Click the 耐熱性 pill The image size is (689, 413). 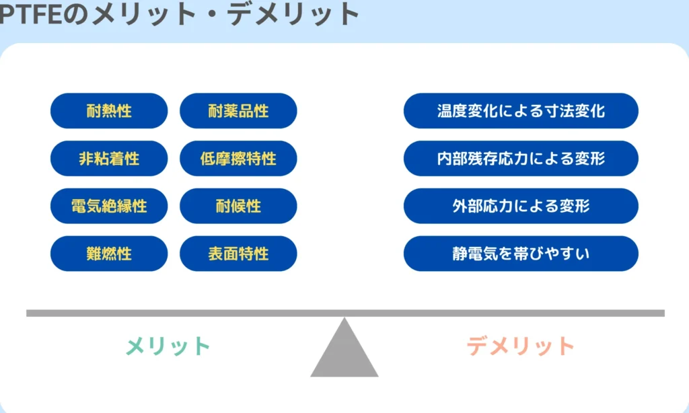[x=109, y=111]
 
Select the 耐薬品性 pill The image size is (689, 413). [x=238, y=111]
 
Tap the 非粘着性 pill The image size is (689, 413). [x=109, y=159]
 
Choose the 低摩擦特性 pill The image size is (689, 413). [x=238, y=159]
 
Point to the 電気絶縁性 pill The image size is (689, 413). [x=109, y=206]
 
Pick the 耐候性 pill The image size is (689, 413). [x=238, y=206]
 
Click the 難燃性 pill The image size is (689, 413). [x=109, y=254]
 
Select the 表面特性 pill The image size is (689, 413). [x=238, y=254]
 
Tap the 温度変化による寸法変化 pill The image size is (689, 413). [x=521, y=111]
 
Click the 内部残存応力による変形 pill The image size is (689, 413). [x=521, y=159]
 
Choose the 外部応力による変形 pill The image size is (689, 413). [x=521, y=206]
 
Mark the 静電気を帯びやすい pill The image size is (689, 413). [x=521, y=254]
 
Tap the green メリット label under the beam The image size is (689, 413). [x=168, y=346]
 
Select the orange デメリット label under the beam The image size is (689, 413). [x=520, y=346]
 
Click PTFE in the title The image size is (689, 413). [x=32, y=15]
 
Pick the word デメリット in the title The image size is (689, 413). [x=293, y=15]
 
